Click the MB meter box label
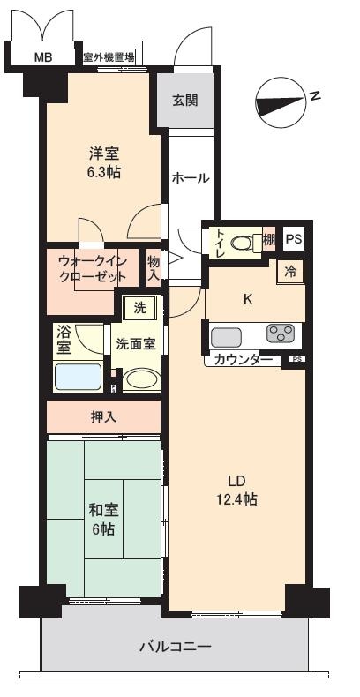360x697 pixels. click(43, 57)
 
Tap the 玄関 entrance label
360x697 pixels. click(185, 101)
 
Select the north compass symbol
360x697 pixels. click(281, 103)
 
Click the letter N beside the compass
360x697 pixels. click(316, 95)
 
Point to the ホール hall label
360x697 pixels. click(191, 178)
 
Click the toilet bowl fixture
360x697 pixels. click(244, 243)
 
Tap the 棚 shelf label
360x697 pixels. click(269, 240)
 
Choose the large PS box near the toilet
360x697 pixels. click(293, 239)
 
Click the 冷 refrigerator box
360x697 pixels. click(290, 272)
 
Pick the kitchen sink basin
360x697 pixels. click(226, 337)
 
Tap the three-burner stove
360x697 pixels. click(281, 334)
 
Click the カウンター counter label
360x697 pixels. click(244, 360)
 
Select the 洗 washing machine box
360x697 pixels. click(139, 308)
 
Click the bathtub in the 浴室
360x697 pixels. click(79, 377)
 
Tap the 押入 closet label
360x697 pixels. click(103, 416)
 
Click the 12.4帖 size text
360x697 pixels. click(236, 499)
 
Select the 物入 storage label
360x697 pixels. click(154, 267)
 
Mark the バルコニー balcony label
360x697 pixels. click(176, 646)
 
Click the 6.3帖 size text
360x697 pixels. click(104, 171)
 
